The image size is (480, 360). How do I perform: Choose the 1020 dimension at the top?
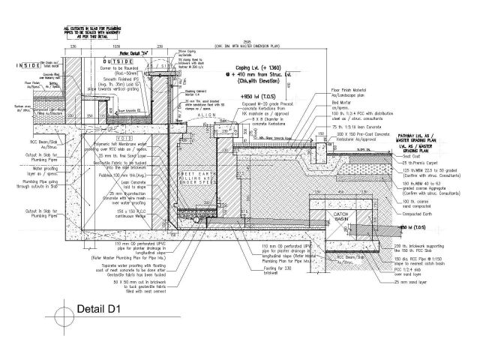(116, 46)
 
